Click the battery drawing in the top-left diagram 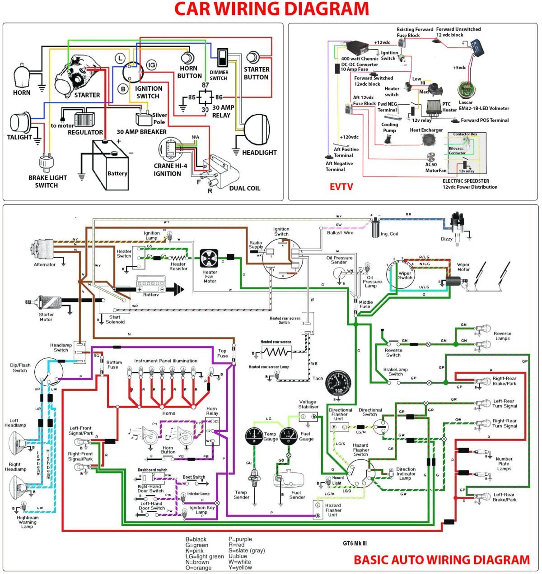click(x=110, y=165)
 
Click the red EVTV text click(x=341, y=187)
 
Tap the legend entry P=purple click(x=240, y=539)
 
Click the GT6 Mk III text click(x=355, y=543)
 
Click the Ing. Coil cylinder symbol click(x=375, y=227)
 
